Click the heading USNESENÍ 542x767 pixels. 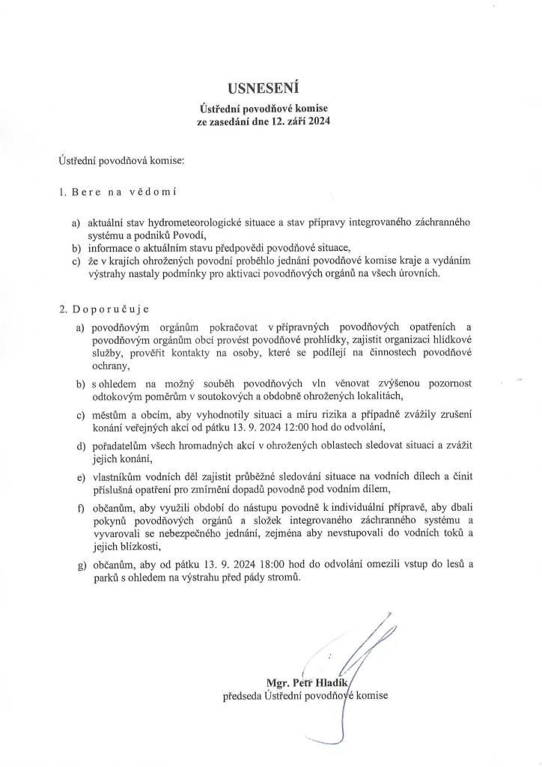point(271,92)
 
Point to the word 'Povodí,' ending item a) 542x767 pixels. point(187,235)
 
